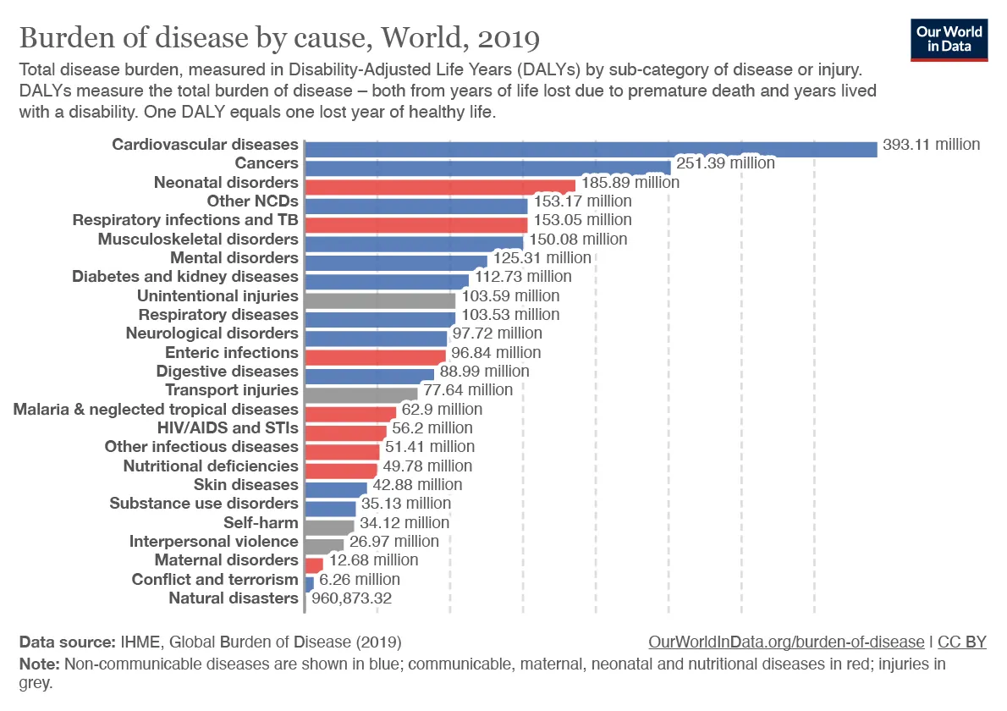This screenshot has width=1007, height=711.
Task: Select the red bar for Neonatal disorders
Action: click(x=439, y=184)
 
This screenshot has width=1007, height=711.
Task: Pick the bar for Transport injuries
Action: click(x=360, y=393)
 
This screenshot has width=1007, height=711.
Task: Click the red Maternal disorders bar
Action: click(x=313, y=563)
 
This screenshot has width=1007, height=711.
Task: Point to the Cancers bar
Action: click(x=487, y=166)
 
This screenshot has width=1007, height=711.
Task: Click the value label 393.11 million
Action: click(x=931, y=144)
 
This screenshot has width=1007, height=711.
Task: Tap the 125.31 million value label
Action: click(x=542, y=257)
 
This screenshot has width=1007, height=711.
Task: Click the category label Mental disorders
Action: click(x=234, y=257)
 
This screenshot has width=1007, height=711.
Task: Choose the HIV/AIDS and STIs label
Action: click(x=228, y=427)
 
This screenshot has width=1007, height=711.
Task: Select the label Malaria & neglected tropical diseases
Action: click(x=156, y=409)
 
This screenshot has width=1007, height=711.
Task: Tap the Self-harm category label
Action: click(x=261, y=522)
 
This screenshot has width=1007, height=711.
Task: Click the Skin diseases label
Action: click(x=245, y=484)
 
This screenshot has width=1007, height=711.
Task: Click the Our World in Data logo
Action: click(x=949, y=39)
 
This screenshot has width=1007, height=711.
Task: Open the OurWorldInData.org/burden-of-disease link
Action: click(x=786, y=642)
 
